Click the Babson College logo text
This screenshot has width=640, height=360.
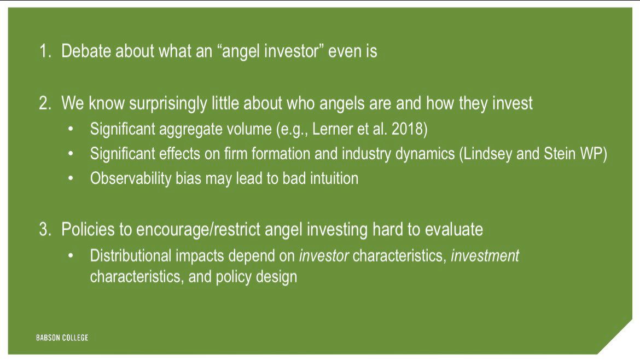point(62,338)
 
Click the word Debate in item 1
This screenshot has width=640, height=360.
point(86,51)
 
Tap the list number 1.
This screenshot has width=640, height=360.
point(45,51)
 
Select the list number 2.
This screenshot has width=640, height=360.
point(45,103)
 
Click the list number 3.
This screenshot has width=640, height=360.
point(45,229)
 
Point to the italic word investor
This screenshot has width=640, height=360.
point(324,256)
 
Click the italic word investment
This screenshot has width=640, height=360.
point(485,256)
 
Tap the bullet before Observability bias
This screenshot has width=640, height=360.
point(71,179)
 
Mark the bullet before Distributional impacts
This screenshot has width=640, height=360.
point(71,256)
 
